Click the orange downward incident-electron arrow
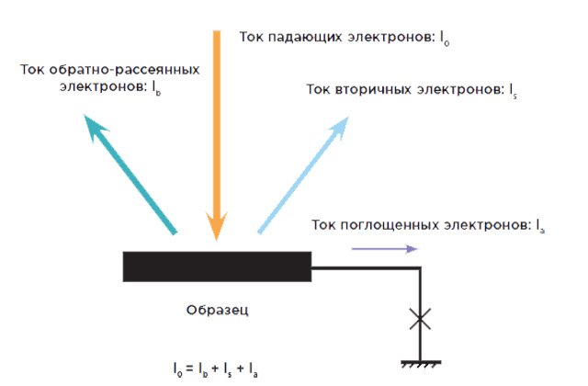coord(217,135)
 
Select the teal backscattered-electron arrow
coord(130,175)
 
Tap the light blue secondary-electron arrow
coord(303,175)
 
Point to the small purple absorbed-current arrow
coord(385,249)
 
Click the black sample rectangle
coord(217,267)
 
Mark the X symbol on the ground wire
coord(420,319)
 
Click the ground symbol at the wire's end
coord(421,364)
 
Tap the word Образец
coord(217,311)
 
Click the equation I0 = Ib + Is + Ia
coord(216,369)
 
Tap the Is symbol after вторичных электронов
coord(513,91)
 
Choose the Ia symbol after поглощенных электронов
coord(540,226)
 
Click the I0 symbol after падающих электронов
coord(445,39)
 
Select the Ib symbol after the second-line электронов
coord(156,88)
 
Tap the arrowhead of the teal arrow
coord(94,127)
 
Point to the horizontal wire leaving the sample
coord(366,267)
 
